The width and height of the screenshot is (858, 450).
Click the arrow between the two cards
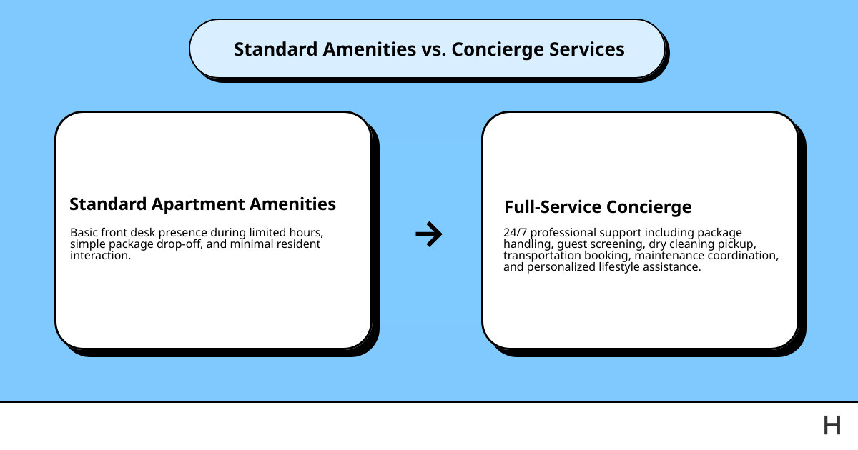(429, 234)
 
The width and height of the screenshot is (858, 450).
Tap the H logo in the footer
(832, 426)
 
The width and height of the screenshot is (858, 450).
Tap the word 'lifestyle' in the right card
(621, 266)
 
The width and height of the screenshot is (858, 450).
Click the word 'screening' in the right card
(619, 244)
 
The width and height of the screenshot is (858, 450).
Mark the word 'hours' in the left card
(308, 233)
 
